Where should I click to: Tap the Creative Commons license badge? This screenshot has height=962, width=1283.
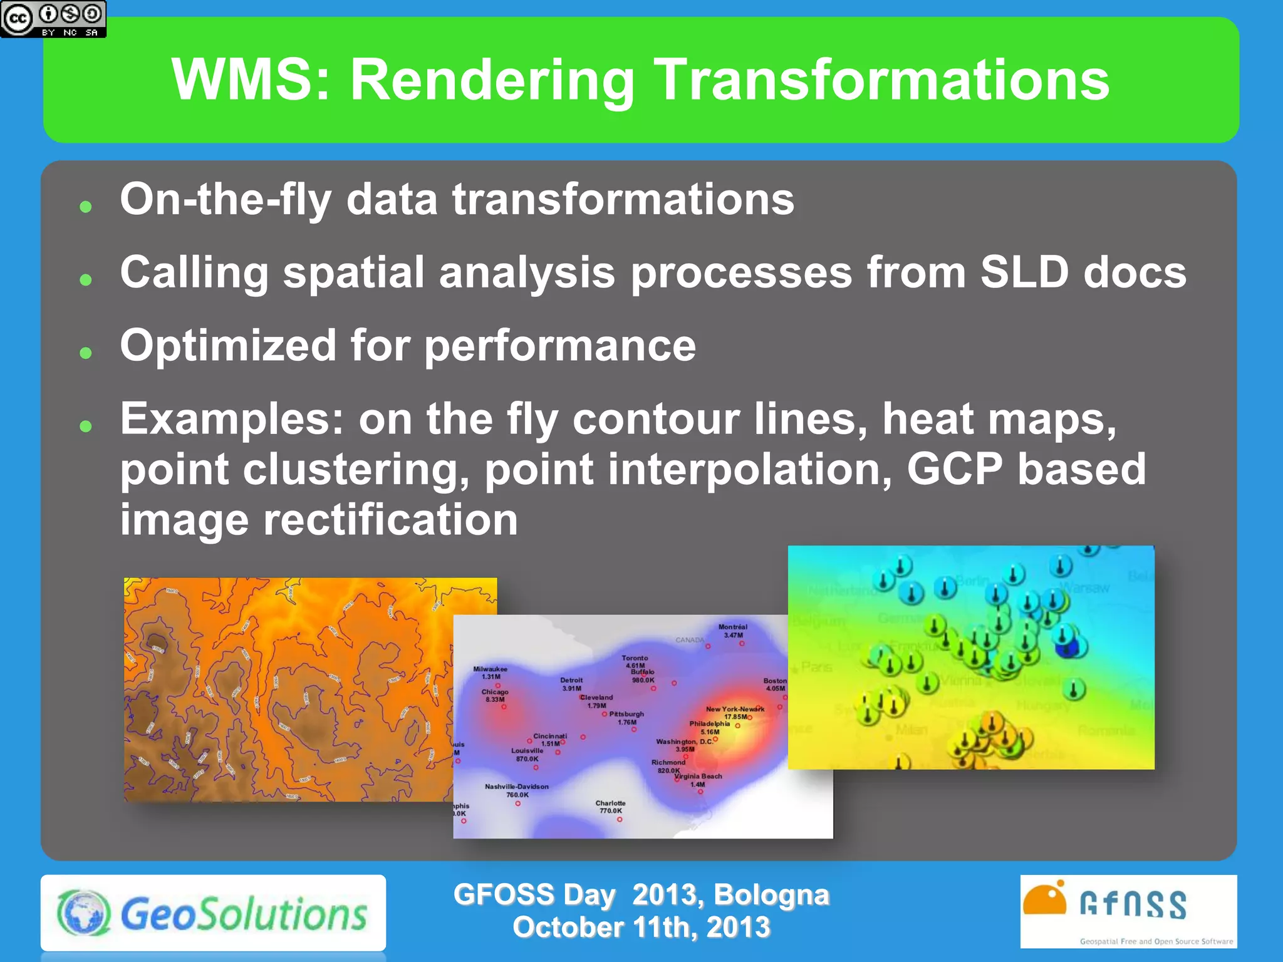[x=53, y=19]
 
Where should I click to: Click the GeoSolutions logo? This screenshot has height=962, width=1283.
[x=213, y=913]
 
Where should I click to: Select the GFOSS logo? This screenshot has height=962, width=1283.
[x=1128, y=911]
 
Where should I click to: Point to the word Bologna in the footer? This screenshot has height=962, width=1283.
[x=771, y=894]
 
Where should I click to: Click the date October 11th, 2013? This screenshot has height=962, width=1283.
[x=641, y=928]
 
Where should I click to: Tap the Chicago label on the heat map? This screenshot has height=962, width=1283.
[x=495, y=692]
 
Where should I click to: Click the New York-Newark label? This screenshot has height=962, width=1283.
[x=735, y=709]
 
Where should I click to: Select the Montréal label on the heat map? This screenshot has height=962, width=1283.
[x=732, y=627]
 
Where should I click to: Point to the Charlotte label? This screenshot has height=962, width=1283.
[x=610, y=803]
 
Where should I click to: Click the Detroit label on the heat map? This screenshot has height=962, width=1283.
[x=571, y=680]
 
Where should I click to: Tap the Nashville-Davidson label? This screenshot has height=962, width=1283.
[x=516, y=787]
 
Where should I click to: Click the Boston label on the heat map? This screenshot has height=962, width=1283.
[x=774, y=681]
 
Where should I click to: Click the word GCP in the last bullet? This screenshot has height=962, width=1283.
[x=954, y=469]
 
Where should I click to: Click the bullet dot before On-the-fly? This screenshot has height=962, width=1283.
[x=86, y=207]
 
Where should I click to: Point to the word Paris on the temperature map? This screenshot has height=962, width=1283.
[x=816, y=667]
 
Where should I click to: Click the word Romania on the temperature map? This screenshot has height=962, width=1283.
[x=1106, y=730]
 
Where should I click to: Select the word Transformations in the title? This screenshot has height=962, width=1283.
[x=881, y=80]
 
